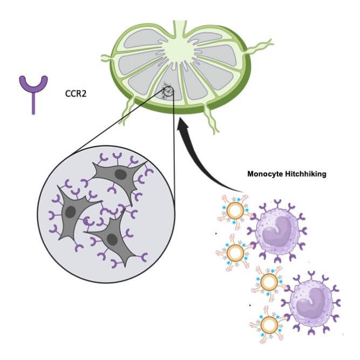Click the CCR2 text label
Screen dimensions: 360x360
tap(76, 94)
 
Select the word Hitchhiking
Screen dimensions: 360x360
tap(305, 174)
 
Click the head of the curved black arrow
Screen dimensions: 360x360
tap(183, 125)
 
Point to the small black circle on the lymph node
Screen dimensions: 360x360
tap(168, 91)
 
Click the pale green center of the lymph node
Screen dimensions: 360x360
tap(180, 50)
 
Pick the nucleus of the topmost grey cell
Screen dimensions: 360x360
tap(121, 174)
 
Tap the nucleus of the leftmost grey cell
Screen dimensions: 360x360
tap(71, 212)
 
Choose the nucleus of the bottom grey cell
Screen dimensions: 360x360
tap(112, 240)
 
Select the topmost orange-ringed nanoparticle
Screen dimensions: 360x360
tap(235, 211)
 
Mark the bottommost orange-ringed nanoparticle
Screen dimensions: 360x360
tap(269, 325)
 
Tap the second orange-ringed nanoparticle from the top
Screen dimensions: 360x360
tap(235, 253)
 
